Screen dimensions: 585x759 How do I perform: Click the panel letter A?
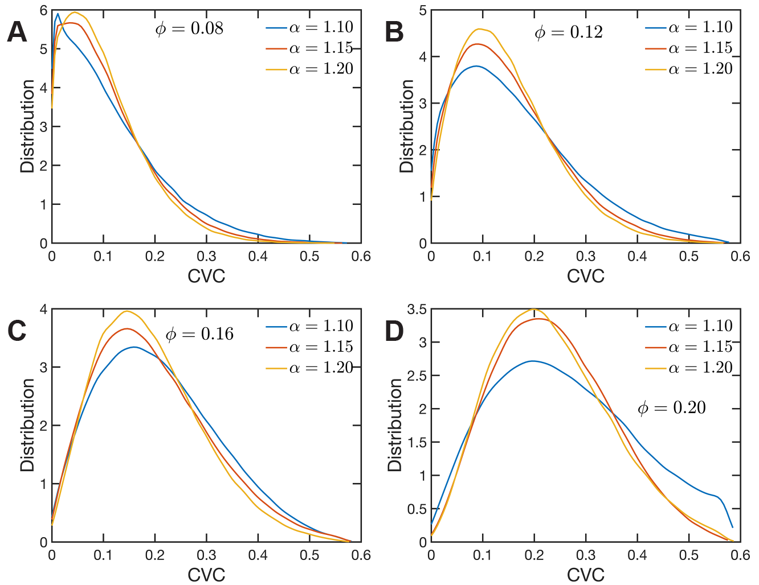(17, 32)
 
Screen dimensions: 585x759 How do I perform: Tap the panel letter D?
(394, 331)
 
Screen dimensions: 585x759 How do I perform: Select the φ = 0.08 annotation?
(189, 28)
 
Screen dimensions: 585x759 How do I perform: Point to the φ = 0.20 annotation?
(671, 407)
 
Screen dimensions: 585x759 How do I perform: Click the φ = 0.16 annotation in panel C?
(199, 333)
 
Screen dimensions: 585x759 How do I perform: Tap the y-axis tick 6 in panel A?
(44, 10)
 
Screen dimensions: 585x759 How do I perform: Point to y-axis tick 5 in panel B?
(423, 10)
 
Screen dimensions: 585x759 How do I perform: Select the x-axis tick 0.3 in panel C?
(207, 555)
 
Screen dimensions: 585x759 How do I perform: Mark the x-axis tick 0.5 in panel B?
(689, 257)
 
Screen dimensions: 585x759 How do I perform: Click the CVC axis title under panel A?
(206, 277)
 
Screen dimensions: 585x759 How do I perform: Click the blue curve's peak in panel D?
(532, 361)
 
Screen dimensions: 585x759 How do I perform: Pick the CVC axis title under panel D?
(585, 575)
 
